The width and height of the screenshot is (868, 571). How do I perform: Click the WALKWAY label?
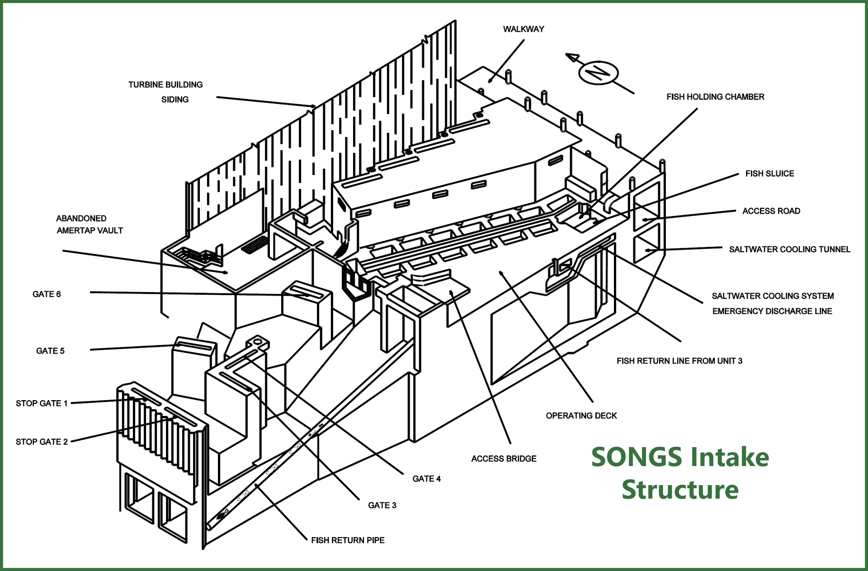coord(523,29)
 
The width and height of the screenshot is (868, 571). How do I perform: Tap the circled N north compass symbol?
coord(598,72)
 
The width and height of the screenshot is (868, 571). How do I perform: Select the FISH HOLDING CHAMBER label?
coord(715,97)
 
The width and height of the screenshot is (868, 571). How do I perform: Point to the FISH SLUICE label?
coord(769,174)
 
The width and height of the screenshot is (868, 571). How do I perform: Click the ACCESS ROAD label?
coord(771,211)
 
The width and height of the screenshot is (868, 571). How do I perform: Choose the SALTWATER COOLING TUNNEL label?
coord(789,250)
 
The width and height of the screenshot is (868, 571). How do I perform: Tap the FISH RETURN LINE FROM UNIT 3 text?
coord(679,361)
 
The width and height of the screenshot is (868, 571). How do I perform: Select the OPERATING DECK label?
coord(581,415)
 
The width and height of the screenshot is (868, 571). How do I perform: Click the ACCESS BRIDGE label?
coord(504,459)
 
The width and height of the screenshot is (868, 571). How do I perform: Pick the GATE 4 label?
coord(426,479)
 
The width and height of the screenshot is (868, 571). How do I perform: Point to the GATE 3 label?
coord(382,505)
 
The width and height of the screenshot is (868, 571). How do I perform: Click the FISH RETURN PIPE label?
coord(348,540)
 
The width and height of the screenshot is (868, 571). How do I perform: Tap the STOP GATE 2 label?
coord(42,442)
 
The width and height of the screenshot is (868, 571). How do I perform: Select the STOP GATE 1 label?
coord(42,403)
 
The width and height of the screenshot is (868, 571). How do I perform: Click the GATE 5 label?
coord(50,351)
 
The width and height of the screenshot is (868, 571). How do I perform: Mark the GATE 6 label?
coord(47,294)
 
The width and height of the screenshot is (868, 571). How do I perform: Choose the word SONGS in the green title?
coord(636,457)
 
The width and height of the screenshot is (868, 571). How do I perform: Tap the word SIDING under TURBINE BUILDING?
coord(175,99)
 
